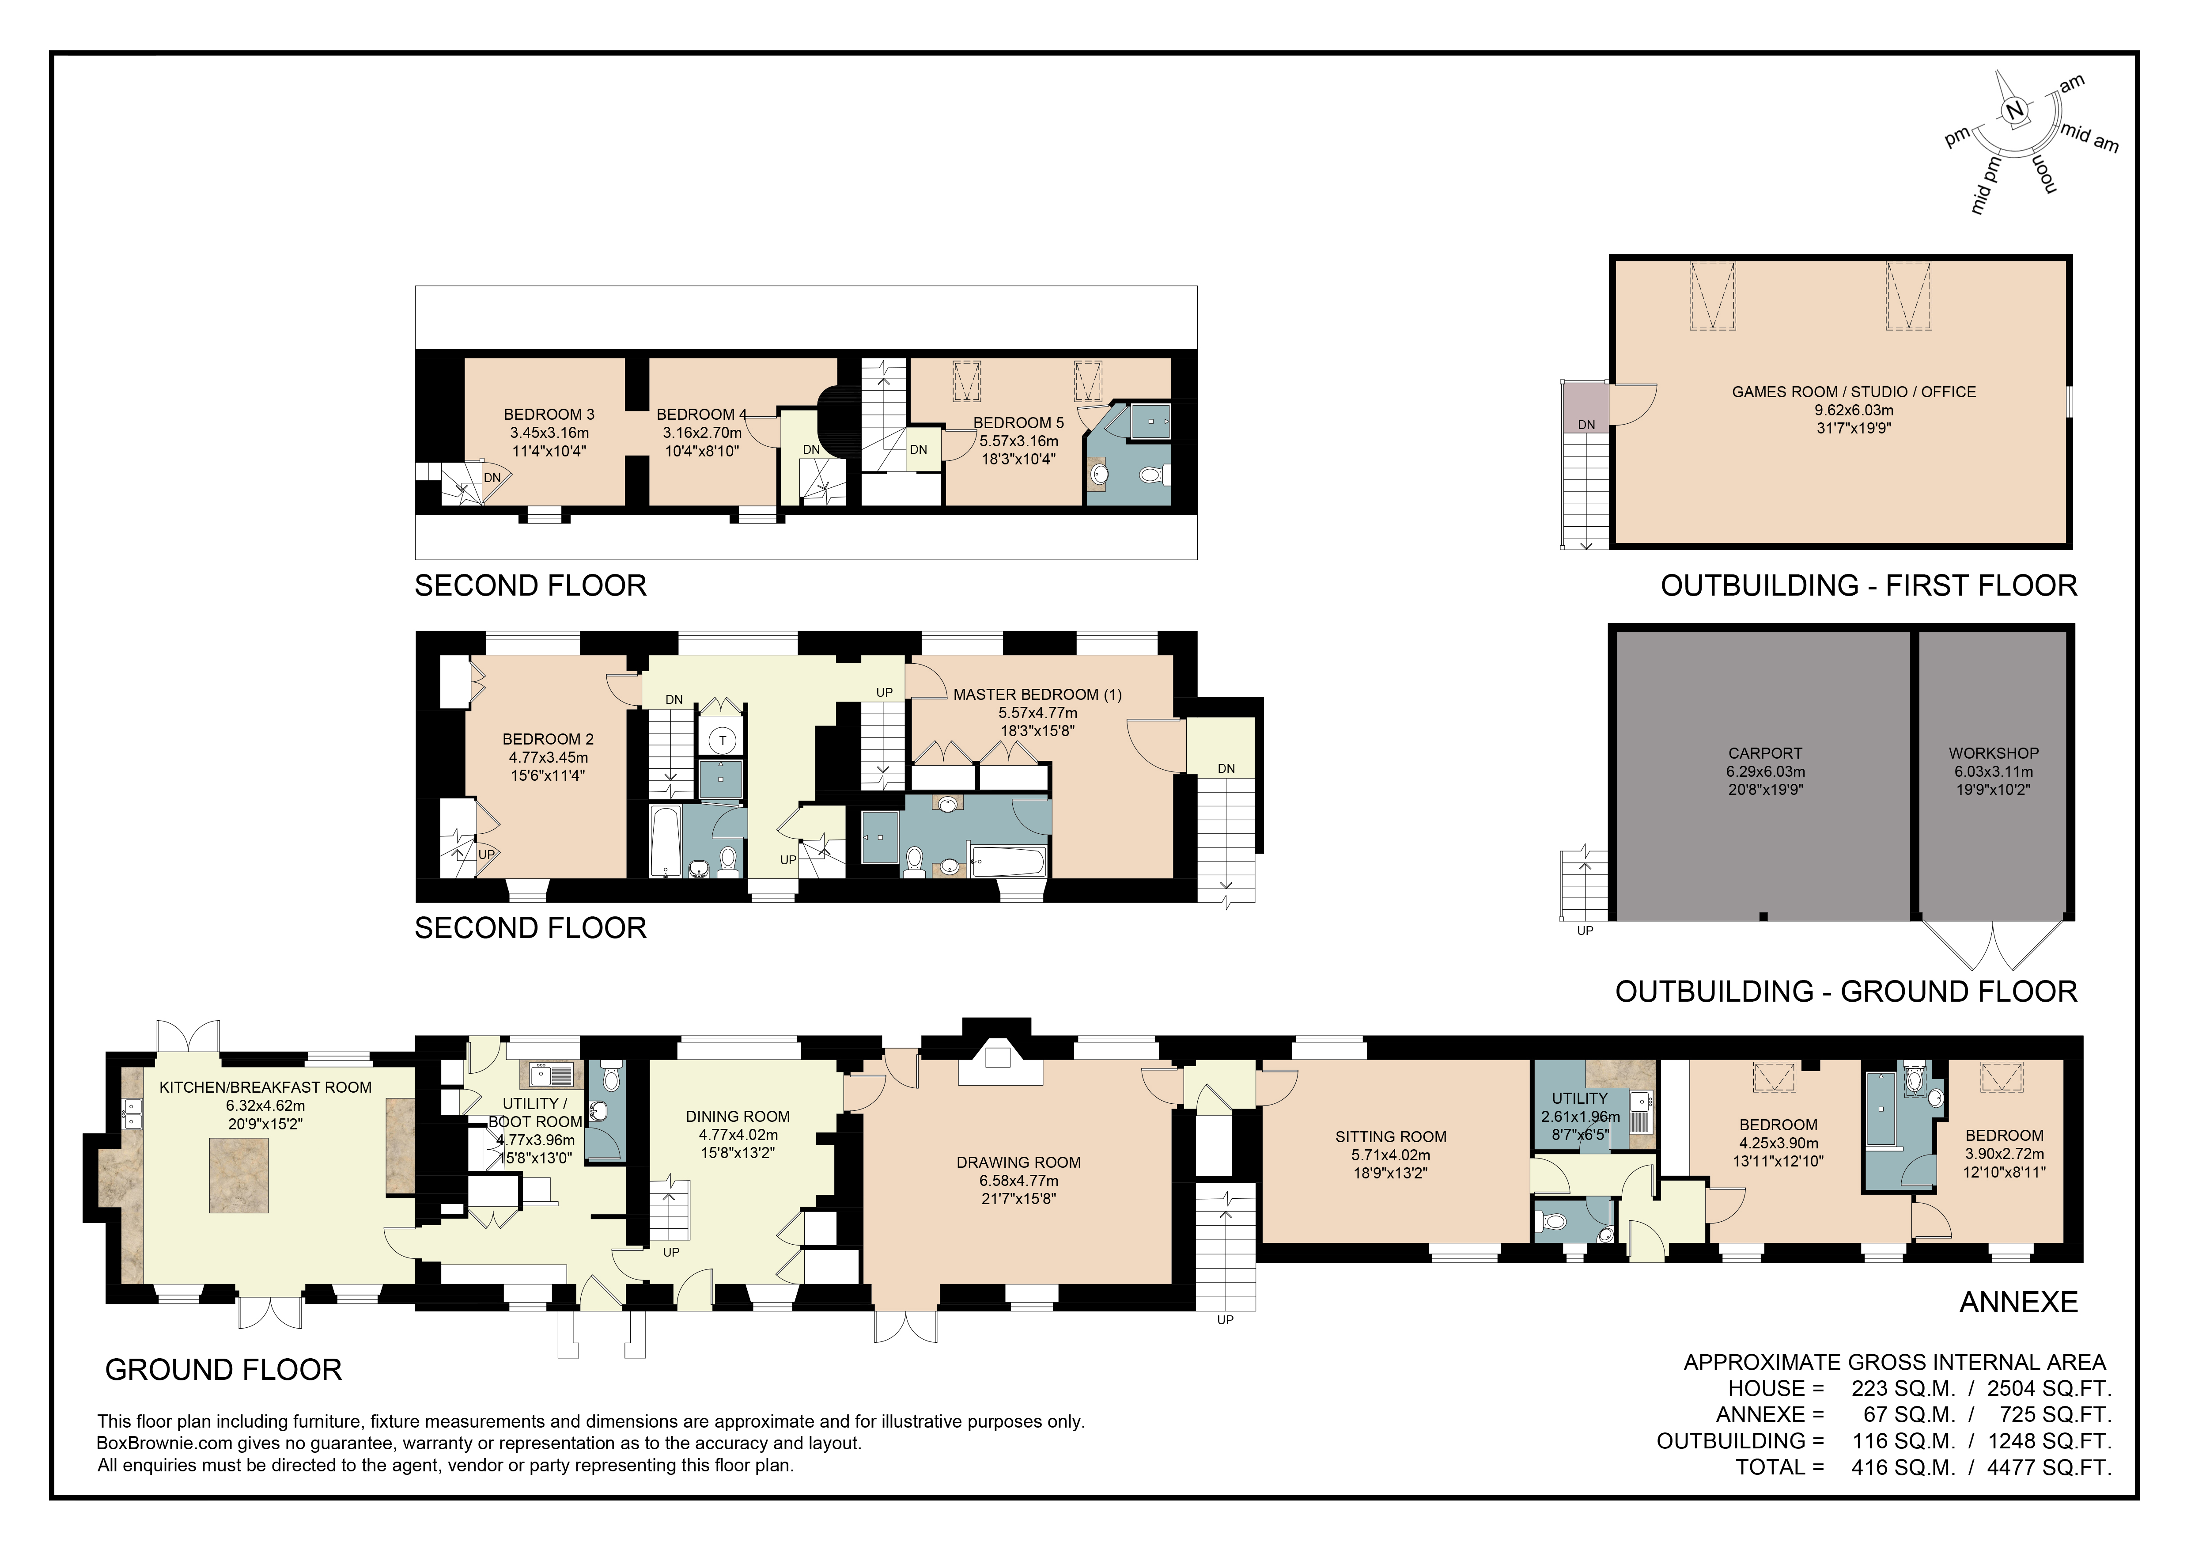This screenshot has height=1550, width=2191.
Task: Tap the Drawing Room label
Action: pos(1018,1162)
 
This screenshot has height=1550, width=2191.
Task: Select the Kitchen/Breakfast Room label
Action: pos(265,1087)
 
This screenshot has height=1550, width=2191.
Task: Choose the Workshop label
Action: pos(1994,753)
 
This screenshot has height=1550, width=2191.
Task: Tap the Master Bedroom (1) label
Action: pos(1037,695)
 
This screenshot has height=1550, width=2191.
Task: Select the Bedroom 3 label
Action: pos(549,414)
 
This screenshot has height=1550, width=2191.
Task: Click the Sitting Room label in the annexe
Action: pos(1390,1137)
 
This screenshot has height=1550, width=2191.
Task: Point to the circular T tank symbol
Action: pos(723,740)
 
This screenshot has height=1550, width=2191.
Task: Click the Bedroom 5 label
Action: pos(1018,423)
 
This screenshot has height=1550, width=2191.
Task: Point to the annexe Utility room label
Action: pos(1579,1098)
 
